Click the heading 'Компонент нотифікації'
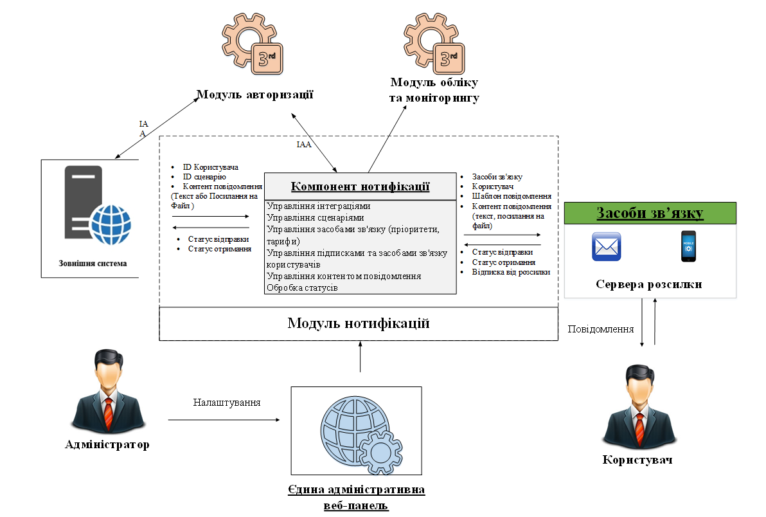360,186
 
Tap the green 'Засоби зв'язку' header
650,213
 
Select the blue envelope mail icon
606,247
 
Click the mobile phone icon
688,246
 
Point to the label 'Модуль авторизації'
254,95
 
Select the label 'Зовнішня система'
89,263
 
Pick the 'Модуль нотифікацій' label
358,323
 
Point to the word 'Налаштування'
227,403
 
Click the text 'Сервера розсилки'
648,284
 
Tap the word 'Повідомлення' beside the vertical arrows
601,329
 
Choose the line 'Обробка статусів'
303,287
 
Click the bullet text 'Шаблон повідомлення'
512,196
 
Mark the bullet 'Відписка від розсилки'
511,272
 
